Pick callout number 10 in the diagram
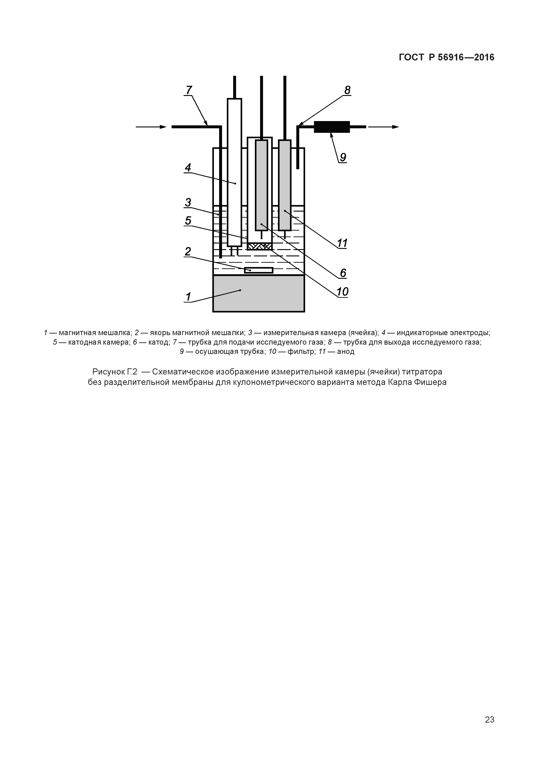tap(342, 292)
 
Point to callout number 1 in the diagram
tap(188, 297)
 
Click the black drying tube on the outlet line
tap(332, 127)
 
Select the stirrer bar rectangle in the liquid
tap(259, 270)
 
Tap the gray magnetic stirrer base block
tap(259, 293)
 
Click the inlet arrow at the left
tap(151, 127)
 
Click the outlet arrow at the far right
tap(383, 127)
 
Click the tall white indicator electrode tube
tap(234, 172)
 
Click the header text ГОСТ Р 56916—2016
tap(446, 57)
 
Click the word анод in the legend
tap(345, 351)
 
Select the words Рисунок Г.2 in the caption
tap(115, 372)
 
